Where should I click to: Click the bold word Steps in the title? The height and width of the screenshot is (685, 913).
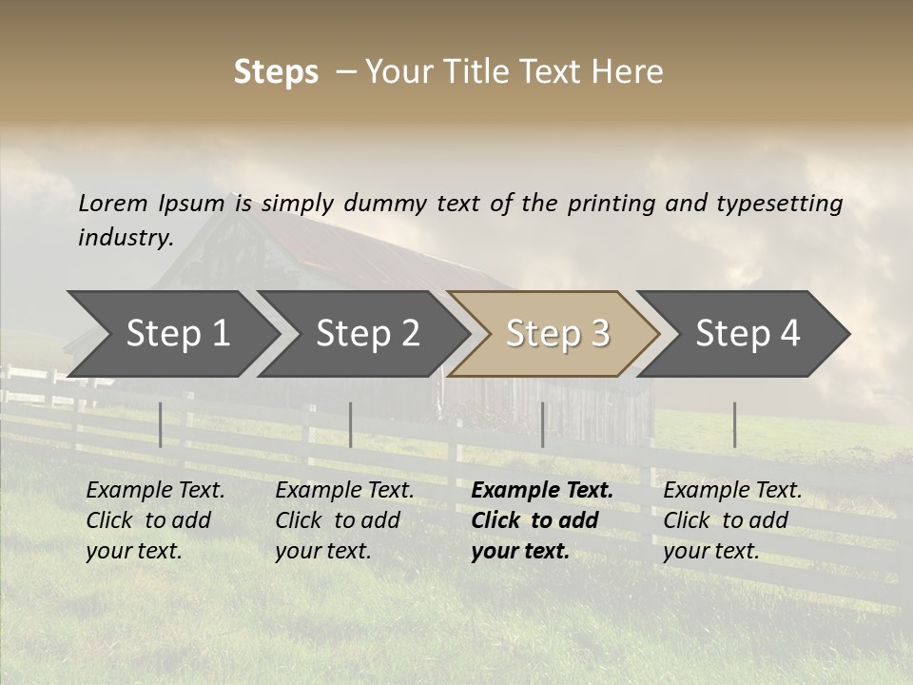point(276,72)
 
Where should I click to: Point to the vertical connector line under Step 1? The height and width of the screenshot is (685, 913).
point(161,424)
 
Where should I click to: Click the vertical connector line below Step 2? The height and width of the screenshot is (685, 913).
point(351,424)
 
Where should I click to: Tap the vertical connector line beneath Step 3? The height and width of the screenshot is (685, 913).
point(542,424)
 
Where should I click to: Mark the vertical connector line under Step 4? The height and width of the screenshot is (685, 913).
point(734,424)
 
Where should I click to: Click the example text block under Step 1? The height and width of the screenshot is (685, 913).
point(155,520)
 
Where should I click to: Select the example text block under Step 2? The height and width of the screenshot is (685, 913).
point(344,520)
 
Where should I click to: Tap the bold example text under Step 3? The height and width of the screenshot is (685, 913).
point(542,520)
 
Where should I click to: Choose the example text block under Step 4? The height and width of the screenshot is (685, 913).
point(732,520)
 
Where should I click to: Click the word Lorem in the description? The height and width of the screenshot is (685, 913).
point(113,204)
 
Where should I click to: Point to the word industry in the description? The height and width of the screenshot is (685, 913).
point(126,238)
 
